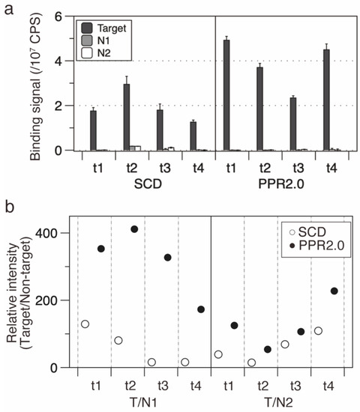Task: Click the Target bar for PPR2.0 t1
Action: point(226,95)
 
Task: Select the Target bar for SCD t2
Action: point(127,117)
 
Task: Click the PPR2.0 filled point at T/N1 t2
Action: point(135,228)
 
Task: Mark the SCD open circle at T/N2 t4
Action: point(318,330)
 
